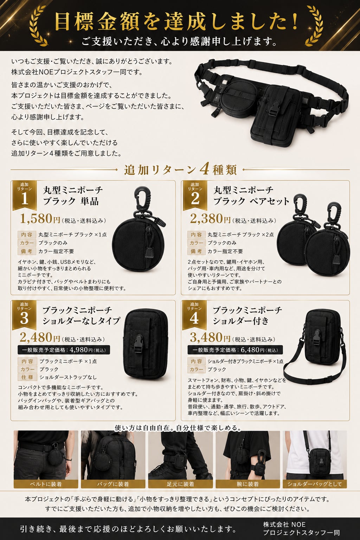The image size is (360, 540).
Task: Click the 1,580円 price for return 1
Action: (x=40, y=219)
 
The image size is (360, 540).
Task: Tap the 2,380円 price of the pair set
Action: (x=210, y=219)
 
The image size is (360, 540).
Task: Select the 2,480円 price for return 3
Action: (x=40, y=337)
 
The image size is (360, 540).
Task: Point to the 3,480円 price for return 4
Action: (x=210, y=337)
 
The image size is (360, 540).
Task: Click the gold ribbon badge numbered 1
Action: (x=25, y=195)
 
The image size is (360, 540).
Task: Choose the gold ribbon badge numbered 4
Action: (x=194, y=315)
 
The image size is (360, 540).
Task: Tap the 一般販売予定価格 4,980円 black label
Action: (x=64, y=350)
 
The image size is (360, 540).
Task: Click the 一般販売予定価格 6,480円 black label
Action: (x=235, y=350)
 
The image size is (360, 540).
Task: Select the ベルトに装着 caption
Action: (x=46, y=484)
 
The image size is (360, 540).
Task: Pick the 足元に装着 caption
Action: (x=180, y=484)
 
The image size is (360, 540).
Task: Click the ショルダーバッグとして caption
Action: (x=315, y=484)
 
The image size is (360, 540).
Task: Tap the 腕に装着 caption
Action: (x=248, y=484)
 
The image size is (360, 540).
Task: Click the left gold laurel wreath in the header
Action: (x=39, y=26)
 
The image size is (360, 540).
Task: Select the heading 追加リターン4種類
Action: (x=180, y=170)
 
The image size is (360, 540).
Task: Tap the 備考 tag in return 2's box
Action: (x=196, y=251)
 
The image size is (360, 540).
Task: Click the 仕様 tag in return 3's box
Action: (x=27, y=377)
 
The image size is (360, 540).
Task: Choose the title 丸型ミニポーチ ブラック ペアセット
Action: (x=251, y=196)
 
